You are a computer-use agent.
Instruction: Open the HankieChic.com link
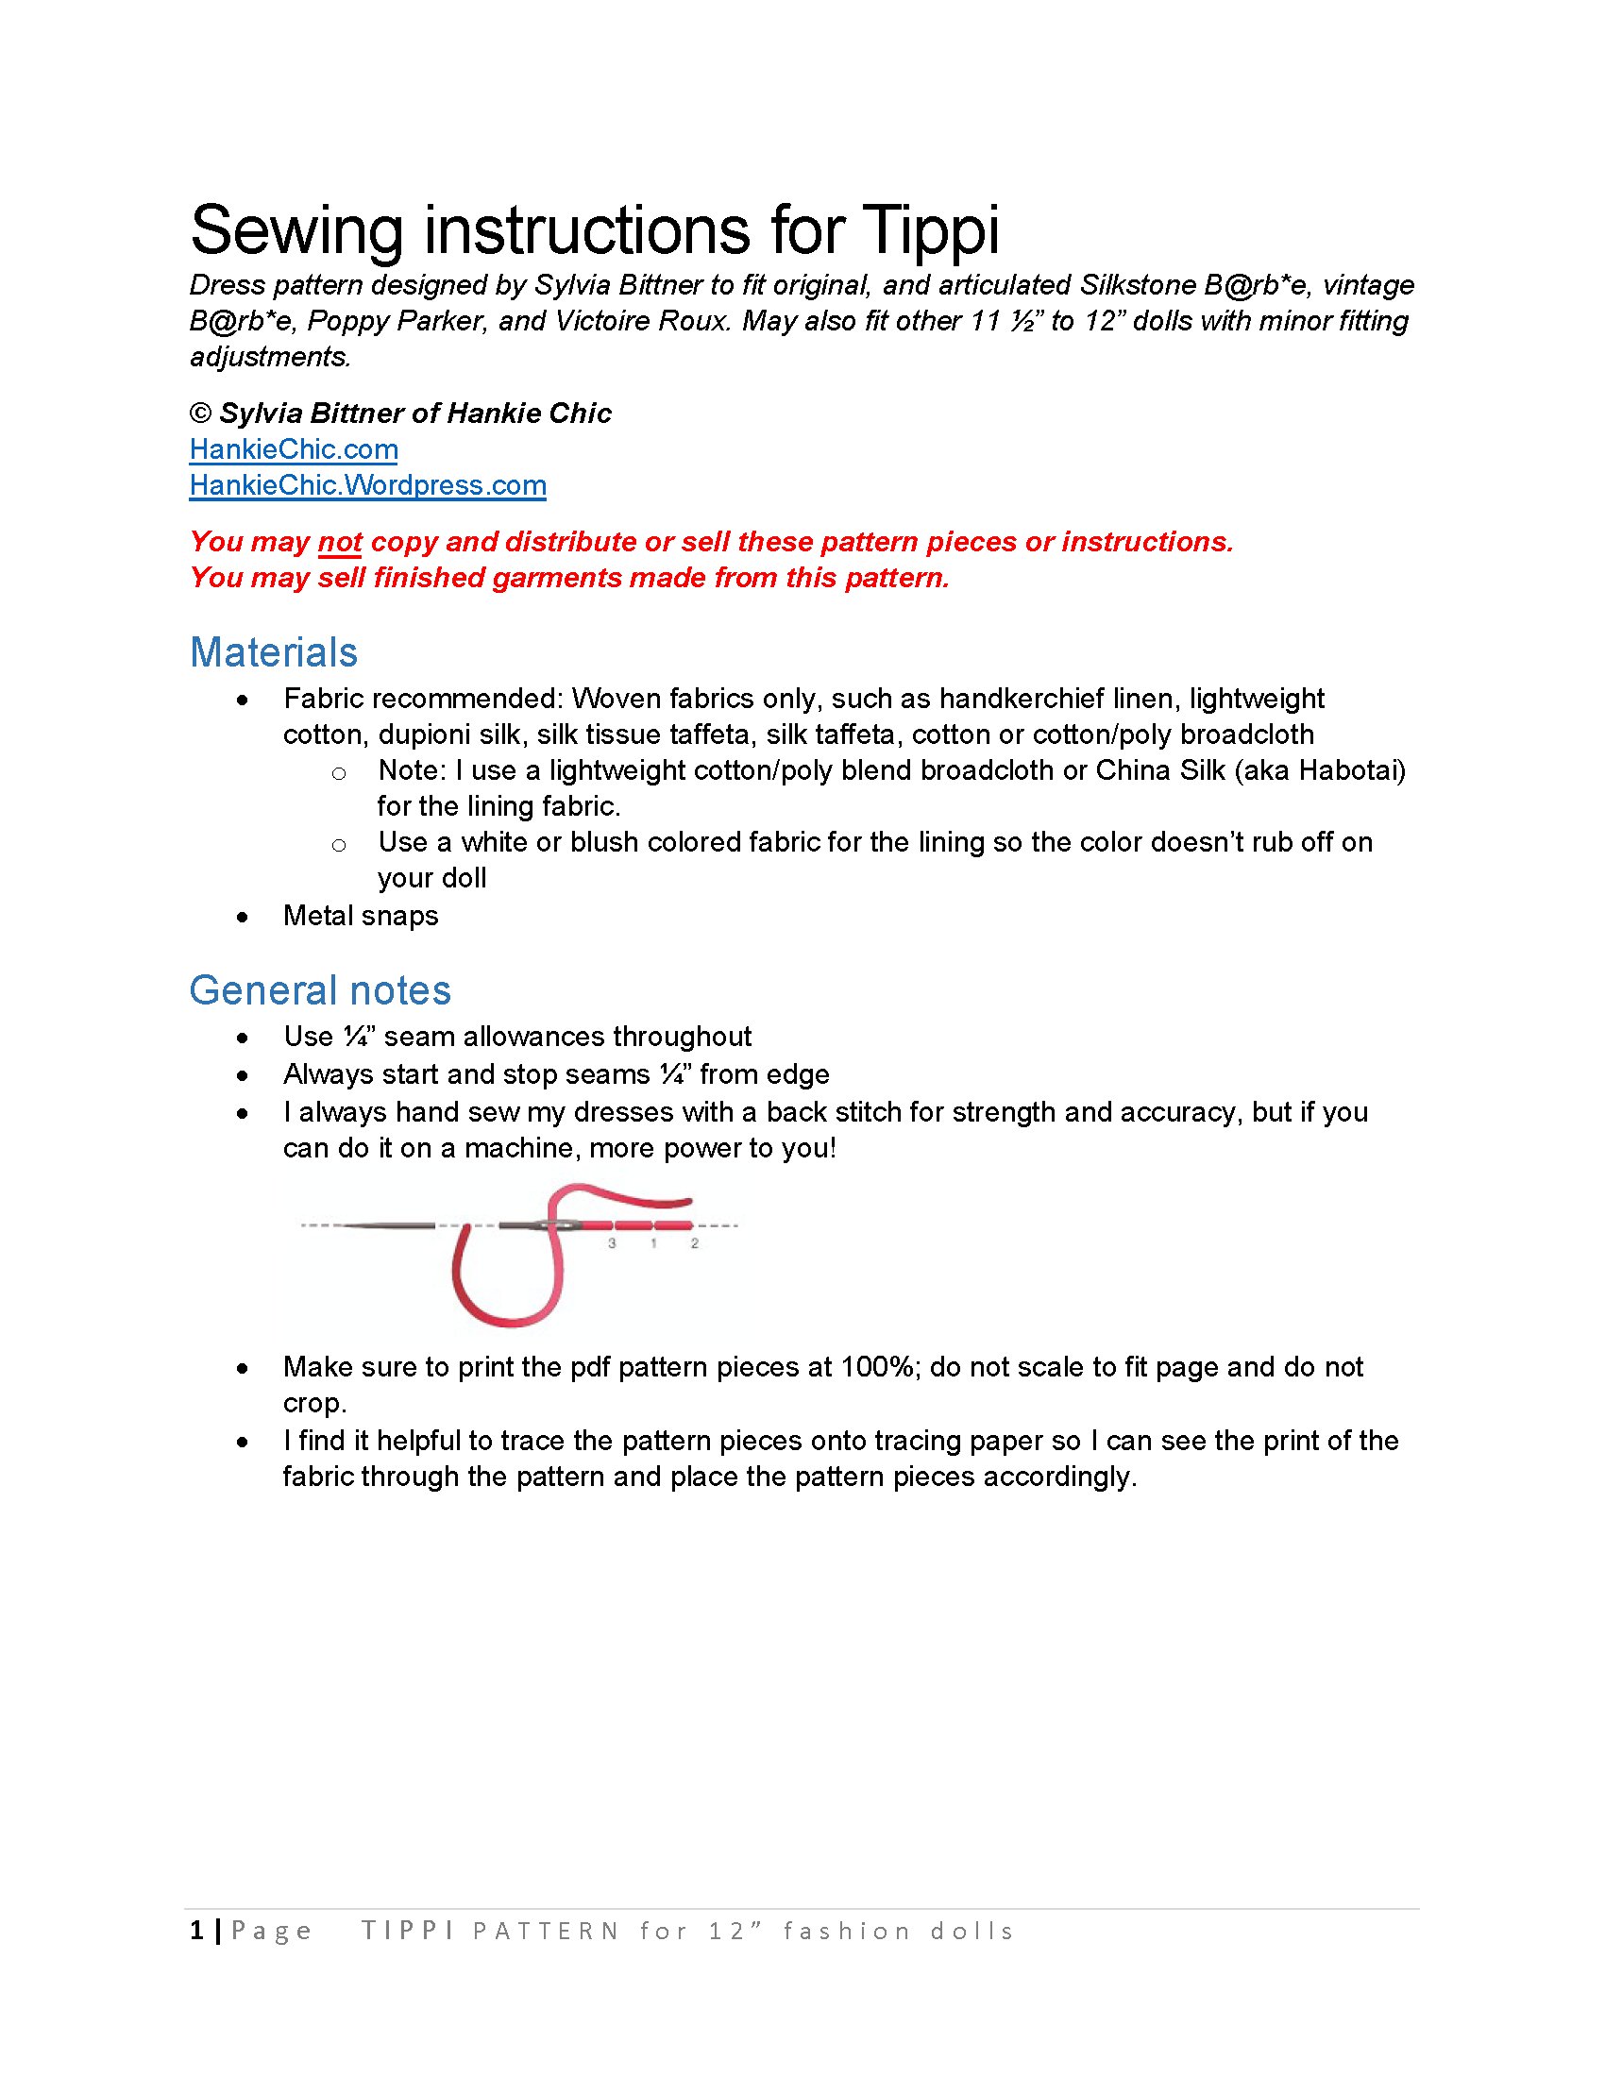click(293, 449)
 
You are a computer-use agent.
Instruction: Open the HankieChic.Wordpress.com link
click(367, 486)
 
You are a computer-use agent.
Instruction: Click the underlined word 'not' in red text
click(340, 542)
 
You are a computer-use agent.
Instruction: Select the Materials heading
click(274, 653)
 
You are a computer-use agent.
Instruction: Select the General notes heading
click(319, 991)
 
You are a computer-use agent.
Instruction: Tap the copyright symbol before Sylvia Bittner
click(200, 414)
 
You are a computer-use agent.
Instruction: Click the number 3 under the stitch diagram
click(612, 1244)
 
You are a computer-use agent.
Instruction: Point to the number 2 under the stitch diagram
click(695, 1244)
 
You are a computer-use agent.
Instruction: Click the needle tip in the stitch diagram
click(345, 1224)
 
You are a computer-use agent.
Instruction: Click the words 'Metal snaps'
click(361, 917)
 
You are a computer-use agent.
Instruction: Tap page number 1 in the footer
click(196, 1931)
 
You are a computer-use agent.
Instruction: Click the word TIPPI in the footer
click(407, 1931)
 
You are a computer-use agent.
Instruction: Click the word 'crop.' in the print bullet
click(314, 1404)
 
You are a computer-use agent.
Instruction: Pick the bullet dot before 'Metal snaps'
click(244, 918)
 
